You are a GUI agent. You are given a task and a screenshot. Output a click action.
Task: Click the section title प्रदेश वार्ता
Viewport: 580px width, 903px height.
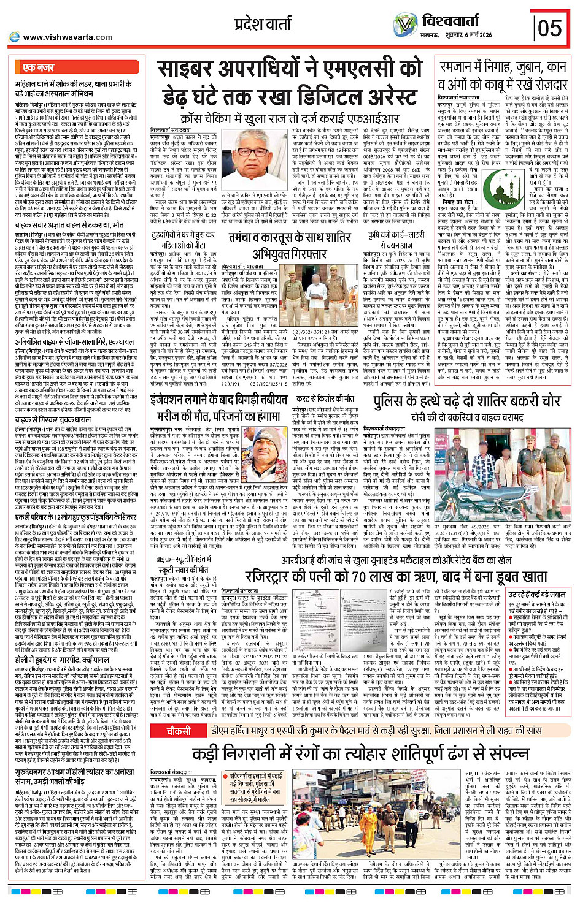click(263, 25)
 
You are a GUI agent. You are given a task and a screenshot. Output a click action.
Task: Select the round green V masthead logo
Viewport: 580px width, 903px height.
click(405, 25)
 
